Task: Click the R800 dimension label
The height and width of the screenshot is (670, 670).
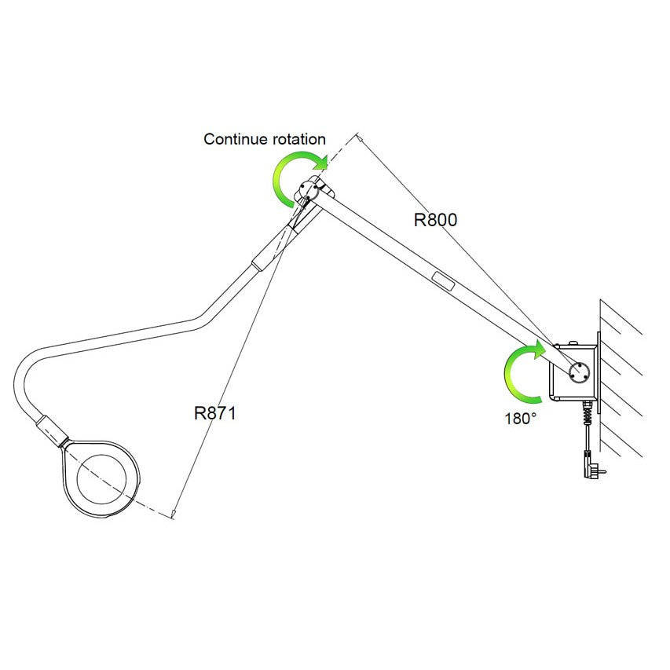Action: (435, 220)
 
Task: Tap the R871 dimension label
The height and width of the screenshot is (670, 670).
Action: (214, 413)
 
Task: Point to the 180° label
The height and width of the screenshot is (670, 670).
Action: (521, 419)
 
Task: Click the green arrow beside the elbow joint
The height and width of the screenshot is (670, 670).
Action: (295, 177)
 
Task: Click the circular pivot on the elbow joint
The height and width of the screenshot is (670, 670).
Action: (307, 188)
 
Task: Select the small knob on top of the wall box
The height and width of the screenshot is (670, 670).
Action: (573, 342)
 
